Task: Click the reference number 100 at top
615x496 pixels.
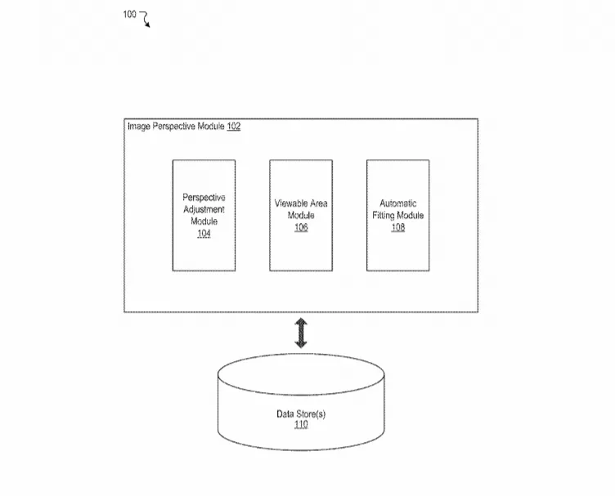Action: click(129, 15)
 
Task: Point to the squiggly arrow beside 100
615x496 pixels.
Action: click(145, 19)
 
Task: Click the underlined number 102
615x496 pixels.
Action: click(234, 126)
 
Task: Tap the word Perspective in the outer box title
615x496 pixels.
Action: click(174, 126)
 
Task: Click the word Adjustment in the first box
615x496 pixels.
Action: click(204, 210)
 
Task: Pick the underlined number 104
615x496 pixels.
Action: click(204, 234)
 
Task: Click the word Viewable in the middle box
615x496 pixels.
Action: click(290, 203)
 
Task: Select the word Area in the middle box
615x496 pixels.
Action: click(317, 203)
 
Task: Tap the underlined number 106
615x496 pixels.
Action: click(301, 227)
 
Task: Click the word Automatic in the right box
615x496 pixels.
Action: click(398, 203)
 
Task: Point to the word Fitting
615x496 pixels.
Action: click(384, 216)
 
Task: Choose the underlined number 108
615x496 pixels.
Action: click(398, 227)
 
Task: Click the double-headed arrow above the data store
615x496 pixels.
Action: click(301, 333)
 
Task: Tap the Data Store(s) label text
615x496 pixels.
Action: click(301, 414)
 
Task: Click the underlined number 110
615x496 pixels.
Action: click(301, 425)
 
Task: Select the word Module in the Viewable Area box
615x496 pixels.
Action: click(301, 216)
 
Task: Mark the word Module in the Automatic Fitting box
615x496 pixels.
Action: click(411, 216)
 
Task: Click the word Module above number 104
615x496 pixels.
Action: click(204, 221)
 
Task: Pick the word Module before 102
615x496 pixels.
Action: click(211, 126)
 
